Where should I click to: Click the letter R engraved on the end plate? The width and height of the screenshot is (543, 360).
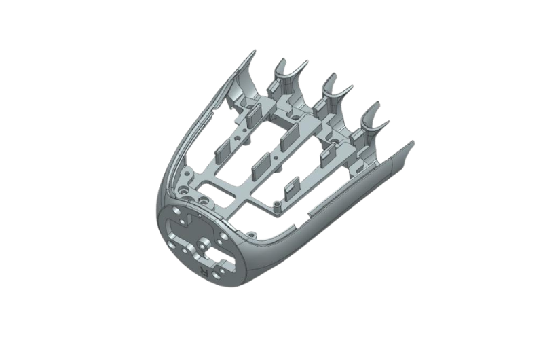[205, 272]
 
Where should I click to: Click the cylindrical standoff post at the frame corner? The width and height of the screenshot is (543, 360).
[277, 209]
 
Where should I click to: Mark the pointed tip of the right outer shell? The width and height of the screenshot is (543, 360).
[413, 143]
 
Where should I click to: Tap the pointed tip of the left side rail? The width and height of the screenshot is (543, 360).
[255, 51]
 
